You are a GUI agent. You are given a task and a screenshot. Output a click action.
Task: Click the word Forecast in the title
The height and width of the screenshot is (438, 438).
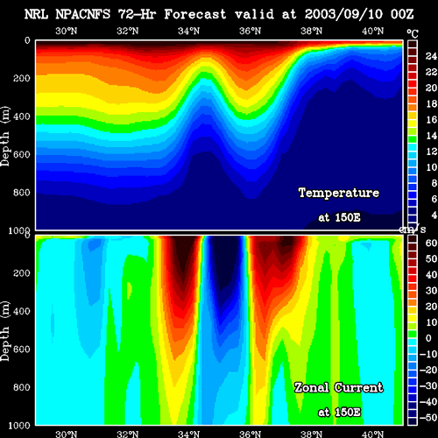point(195,14)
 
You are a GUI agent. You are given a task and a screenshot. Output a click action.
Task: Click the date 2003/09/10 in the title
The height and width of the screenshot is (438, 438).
point(343,14)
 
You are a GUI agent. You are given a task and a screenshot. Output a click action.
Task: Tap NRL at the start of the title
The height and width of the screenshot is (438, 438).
point(36,14)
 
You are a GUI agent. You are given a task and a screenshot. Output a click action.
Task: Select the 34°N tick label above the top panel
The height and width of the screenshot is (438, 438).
point(188,31)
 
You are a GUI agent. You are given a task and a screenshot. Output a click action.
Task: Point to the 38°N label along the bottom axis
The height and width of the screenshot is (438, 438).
point(311,434)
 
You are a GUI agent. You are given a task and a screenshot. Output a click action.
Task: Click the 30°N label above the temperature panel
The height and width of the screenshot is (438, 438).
point(67,31)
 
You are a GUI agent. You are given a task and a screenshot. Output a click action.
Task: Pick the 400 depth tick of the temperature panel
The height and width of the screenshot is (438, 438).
point(21,117)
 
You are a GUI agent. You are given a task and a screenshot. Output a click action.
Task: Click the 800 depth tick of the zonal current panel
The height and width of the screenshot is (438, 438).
point(21,387)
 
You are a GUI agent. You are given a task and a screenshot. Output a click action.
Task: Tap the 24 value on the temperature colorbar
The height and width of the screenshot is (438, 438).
point(431,56)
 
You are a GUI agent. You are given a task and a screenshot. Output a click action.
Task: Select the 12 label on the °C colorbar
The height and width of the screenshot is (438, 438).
point(431,152)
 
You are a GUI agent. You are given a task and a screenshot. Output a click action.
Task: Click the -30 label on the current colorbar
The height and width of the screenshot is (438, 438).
point(428,386)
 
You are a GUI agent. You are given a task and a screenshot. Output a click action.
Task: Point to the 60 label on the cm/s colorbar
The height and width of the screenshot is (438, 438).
point(431,243)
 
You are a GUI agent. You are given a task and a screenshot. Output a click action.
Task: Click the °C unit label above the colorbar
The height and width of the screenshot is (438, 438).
point(413,34)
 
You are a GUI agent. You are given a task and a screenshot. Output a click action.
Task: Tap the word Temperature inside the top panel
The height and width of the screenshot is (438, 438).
point(339,193)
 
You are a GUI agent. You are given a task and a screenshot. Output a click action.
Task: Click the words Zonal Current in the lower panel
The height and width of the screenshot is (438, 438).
point(338,388)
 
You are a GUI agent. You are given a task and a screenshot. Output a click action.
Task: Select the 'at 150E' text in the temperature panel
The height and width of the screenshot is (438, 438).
point(339,217)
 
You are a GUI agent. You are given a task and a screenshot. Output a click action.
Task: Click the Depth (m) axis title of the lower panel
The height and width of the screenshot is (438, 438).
point(5,331)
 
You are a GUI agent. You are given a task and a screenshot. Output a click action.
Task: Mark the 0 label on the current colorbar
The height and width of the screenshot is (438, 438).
point(428,338)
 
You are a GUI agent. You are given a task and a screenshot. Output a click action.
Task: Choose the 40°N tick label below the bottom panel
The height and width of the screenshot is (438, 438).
point(372,434)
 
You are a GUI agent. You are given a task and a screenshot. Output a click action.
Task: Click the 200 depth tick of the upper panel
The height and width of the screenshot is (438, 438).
point(21,78)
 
